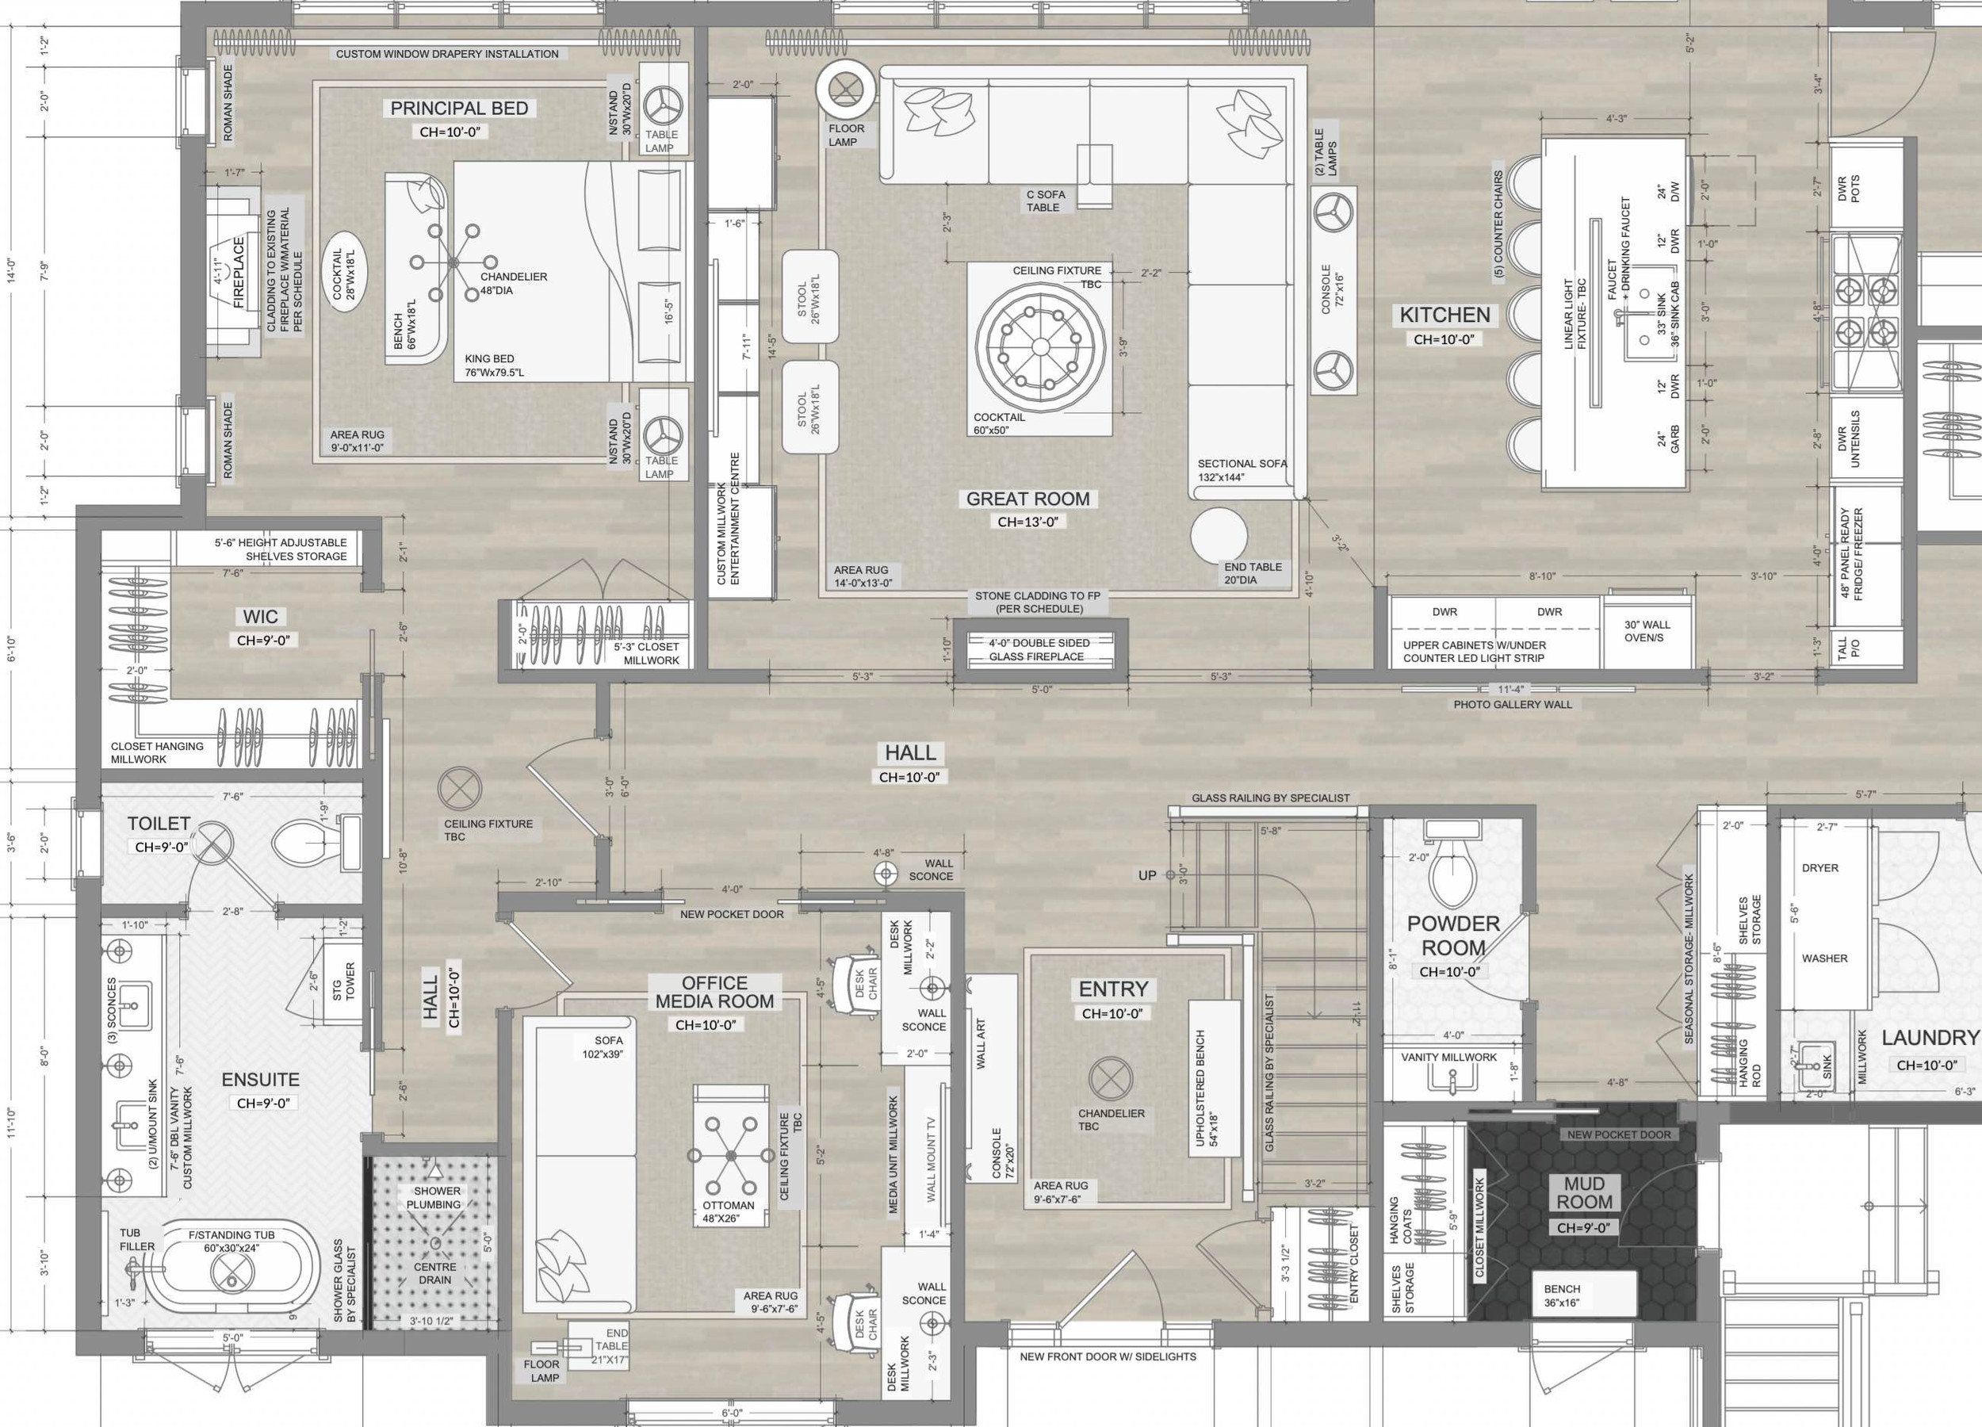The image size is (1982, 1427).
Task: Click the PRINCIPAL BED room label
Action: (459, 109)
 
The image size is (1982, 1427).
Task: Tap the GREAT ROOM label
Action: (1027, 499)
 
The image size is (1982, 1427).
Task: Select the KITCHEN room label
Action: (1444, 316)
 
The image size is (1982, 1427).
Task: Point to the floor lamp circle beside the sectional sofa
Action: (846, 88)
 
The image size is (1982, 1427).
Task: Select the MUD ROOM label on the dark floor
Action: (1583, 1193)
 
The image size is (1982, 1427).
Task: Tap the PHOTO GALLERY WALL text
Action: (1512, 704)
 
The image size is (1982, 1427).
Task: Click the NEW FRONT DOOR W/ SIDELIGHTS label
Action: (1108, 1357)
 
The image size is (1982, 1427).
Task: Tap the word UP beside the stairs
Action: (1146, 875)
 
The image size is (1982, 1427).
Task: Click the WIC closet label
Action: (260, 617)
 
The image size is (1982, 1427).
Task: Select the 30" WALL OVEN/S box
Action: (1647, 631)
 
